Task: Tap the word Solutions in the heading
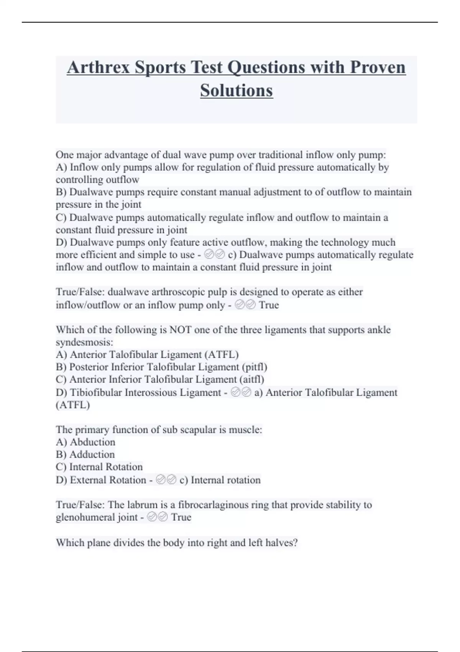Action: click(x=236, y=91)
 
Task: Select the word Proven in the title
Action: click(x=378, y=68)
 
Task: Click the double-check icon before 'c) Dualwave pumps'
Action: click(x=215, y=255)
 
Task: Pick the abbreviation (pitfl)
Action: click(x=255, y=367)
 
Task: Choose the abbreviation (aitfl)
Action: click(x=251, y=379)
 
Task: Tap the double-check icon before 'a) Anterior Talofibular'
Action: click(x=241, y=392)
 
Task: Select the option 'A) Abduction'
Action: click(x=85, y=442)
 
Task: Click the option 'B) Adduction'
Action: click(x=85, y=454)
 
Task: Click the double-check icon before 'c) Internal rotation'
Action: click(x=166, y=480)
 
